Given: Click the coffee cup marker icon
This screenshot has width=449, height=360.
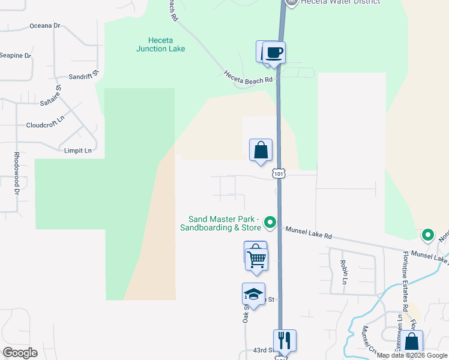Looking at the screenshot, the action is click(274, 52).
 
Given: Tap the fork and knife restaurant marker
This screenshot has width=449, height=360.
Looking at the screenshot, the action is click(285, 340).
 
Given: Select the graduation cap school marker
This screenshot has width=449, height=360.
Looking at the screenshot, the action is click(253, 294).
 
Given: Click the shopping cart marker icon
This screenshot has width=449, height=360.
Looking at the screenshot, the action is click(257, 259).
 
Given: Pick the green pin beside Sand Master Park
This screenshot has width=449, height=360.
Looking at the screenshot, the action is click(270, 223).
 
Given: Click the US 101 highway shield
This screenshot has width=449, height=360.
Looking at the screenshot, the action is click(279, 173).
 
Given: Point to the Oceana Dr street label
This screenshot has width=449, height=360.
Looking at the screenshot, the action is click(45, 26).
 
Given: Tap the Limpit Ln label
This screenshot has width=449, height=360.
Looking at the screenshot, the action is click(77, 150).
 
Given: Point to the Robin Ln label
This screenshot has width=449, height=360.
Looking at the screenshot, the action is click(345, 272).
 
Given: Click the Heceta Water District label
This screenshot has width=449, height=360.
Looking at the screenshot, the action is click(342, 2).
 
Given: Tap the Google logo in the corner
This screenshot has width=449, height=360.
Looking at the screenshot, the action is click(20, 353).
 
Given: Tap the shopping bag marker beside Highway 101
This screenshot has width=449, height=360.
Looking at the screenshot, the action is click(261, 151).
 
